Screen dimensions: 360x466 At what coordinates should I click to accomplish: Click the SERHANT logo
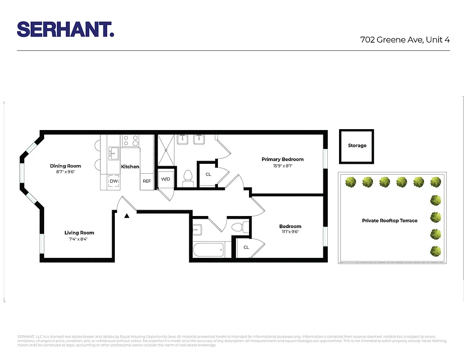(x=65, y=29)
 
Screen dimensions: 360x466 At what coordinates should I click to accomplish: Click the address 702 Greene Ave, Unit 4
(x=405, y=40)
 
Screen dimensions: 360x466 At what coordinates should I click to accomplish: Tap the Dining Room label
(x=65, y=166)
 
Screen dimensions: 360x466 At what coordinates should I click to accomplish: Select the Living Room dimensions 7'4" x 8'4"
(x=79, y=239)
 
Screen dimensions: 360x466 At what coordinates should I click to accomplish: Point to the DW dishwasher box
(x=114, y=181)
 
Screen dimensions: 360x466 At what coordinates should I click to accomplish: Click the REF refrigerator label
(x=147, y=181)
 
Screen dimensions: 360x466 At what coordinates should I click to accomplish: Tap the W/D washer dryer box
(x=166, y=179)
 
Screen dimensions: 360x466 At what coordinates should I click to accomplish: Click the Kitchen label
(x=130, y=166)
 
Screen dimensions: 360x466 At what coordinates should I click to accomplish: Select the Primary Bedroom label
(x=282, y=159)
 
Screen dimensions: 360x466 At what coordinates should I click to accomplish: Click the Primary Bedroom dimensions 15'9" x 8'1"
(x=282, y=166)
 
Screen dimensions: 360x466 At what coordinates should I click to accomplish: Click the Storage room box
(x=357, y=146)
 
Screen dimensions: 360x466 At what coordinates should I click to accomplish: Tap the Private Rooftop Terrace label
(x=389, y=220)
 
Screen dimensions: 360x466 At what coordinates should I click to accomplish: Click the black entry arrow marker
(x=127, y=216)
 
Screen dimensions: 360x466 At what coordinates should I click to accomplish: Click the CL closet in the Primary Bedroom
(x=208, y=174)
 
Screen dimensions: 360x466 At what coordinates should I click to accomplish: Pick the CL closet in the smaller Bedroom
(x=246, y=247)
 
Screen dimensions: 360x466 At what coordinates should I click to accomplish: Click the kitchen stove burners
(x=131, y=141)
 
